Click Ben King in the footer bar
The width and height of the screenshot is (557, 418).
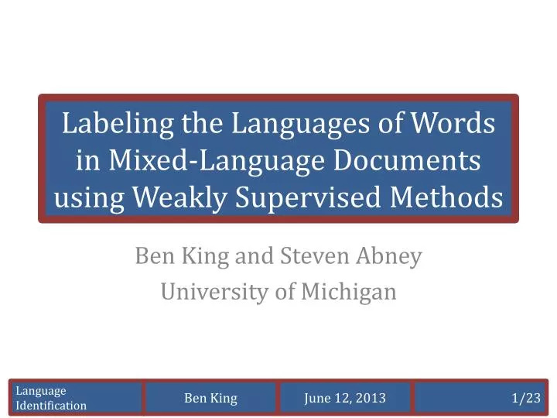coord(210,399)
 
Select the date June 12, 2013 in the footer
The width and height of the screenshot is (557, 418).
coord(345,399)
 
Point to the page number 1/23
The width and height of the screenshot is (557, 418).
coord(526,399)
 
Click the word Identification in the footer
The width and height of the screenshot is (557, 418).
coord(51,406)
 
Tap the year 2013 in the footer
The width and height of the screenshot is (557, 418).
coord(371,399)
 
